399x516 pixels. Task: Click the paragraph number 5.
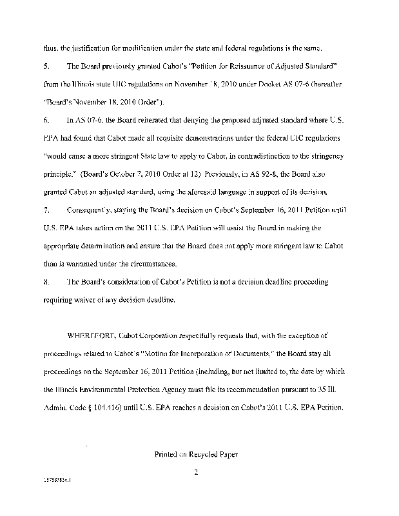(44, 67)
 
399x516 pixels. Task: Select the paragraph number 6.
(44, 121)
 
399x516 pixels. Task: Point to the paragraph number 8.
(44, 282)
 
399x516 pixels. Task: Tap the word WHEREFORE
(92, 336)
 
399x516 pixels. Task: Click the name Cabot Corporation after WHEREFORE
(147, 336)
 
